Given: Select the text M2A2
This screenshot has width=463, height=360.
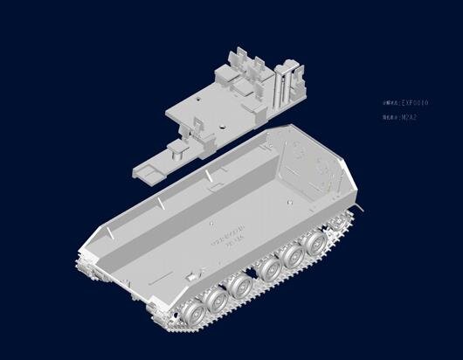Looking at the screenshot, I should tap(410, 116).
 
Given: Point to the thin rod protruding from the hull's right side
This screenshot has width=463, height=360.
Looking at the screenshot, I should tap(358, 208).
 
